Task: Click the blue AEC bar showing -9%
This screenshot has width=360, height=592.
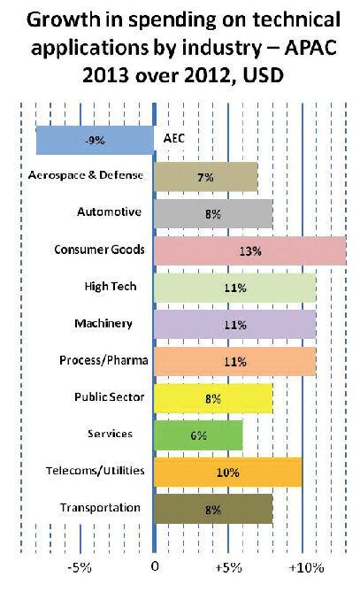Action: tap(95, 140)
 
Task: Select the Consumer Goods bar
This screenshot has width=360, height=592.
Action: tap(249, 250)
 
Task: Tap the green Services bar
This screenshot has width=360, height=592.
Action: tap(198, 435)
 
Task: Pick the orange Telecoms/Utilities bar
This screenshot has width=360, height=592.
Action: tap(228, 473)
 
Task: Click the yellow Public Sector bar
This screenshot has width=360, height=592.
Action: tap(213, 398)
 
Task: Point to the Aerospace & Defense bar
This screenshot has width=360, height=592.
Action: tap(206, 177)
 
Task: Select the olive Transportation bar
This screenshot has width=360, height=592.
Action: tap(213, 509)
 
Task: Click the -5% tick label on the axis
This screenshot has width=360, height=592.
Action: tap(80, 567)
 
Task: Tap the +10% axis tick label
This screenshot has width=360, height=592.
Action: tap(306, 567)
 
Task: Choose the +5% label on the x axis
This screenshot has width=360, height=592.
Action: tap(229, 567)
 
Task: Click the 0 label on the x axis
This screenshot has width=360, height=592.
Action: tap(155, 566)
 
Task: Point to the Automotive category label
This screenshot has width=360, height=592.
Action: tap(109, 211)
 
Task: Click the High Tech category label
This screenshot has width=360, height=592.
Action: tap(111, 287)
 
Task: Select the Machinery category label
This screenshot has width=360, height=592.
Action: tap(103, 324)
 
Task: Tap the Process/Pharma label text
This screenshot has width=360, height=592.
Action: tap(103, 360)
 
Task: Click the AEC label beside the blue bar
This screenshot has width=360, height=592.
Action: tap(174, 138)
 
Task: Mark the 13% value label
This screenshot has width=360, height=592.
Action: tap(250, 251)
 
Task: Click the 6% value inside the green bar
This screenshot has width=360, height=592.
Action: tap(198, 435)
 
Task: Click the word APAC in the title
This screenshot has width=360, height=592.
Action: tap(310, 48)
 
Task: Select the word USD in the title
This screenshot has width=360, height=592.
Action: tap(264, 76)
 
